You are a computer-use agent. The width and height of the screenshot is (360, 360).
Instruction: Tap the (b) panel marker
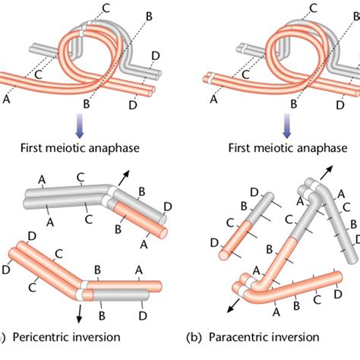point(201,336)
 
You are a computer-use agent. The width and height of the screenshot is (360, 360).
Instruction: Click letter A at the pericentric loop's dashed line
point(8,96)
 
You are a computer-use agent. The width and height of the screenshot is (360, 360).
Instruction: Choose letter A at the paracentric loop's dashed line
point(213,97)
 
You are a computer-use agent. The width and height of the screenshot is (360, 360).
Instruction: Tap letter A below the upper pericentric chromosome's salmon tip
point(144,244)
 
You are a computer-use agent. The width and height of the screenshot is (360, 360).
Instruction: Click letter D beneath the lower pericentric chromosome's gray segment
point(141,314)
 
